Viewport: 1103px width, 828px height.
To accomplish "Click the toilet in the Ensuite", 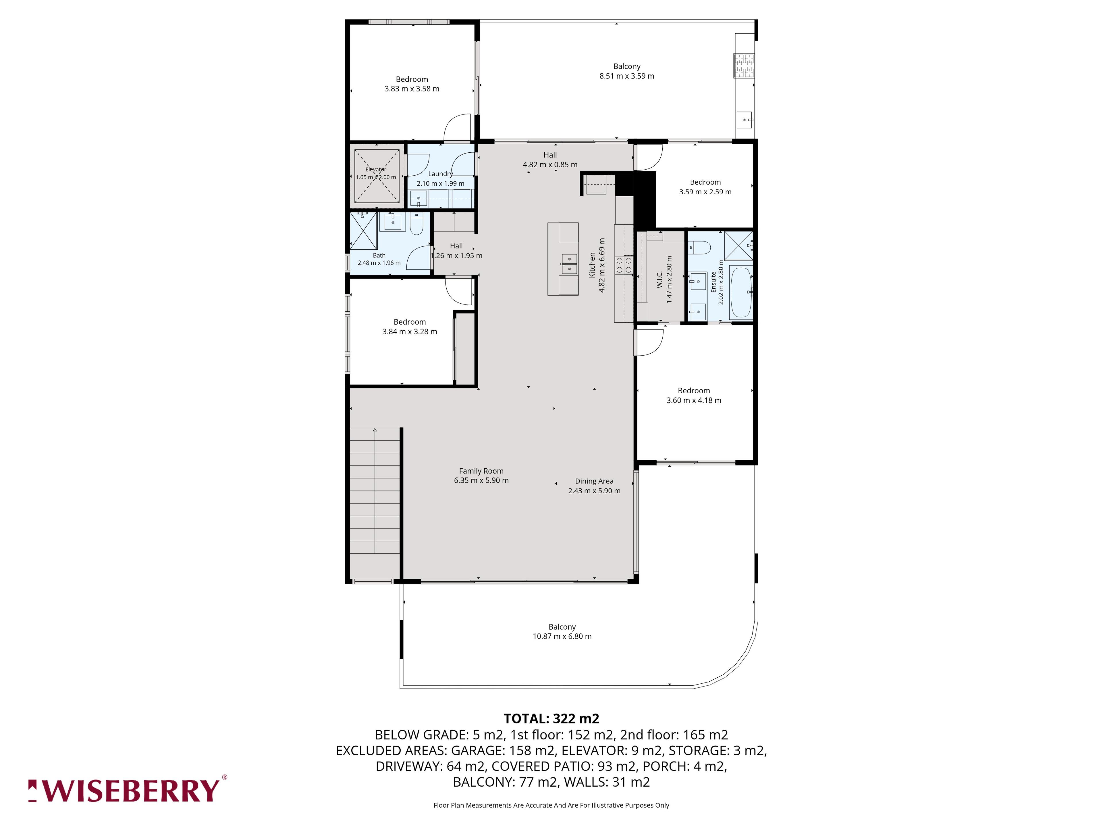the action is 699,247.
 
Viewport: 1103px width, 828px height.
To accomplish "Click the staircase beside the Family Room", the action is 375,490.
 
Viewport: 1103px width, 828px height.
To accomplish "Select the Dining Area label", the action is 594,481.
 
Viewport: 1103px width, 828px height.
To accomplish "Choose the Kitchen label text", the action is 592,265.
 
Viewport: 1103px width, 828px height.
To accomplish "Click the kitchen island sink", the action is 569,264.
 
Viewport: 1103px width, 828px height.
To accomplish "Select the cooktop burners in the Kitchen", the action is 624,264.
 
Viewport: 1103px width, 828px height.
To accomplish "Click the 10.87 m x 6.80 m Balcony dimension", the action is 562,636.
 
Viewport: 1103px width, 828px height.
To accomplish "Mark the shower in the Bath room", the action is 364,231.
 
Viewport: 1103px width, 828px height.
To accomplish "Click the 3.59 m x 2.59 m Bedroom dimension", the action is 705,192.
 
